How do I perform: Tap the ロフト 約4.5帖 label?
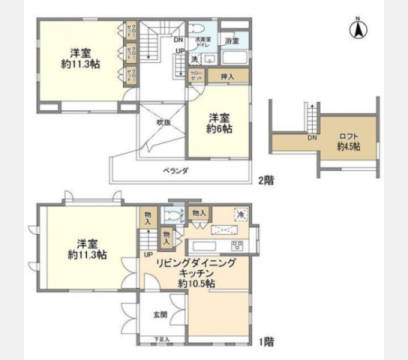tap(348, 141)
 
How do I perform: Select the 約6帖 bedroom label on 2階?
tap(220, 123)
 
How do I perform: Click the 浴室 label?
tap(232, 41)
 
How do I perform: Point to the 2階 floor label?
tap(265, 180)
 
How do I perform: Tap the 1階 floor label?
tap(265, 342)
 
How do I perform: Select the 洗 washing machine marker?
tap(193, 58)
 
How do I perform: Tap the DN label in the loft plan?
tap(310, 138)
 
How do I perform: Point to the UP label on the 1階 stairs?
tap(148, 254)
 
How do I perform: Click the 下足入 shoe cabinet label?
tap(162, 340)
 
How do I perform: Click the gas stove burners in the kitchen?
tap(237, 245)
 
